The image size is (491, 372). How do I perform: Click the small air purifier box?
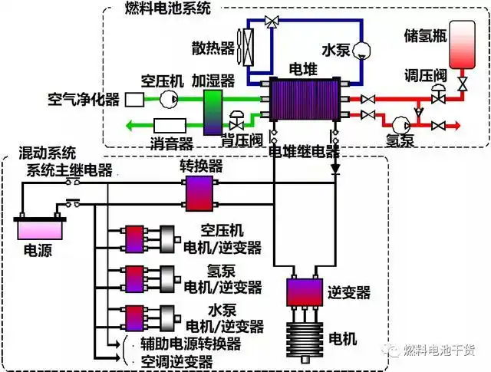(x=134, y=99)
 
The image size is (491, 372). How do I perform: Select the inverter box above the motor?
(x=306, y=291)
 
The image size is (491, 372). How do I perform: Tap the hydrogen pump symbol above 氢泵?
(x=399, y=124)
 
